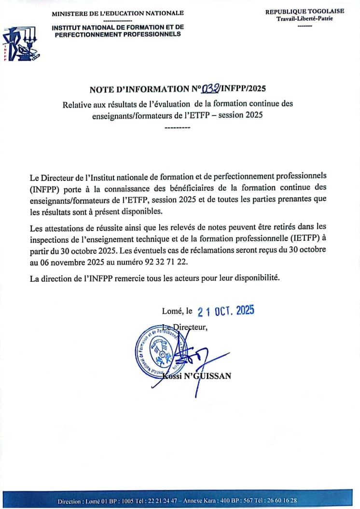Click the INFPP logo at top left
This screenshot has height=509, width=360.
tap(21, 45)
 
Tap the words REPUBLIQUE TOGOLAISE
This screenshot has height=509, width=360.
tap(305, 11)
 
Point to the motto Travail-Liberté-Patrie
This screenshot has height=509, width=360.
tap(305, 18)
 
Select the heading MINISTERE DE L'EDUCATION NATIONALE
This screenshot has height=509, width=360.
tap(118, 13)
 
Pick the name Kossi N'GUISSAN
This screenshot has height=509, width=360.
tap(198, 375)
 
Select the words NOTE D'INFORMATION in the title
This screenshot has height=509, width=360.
tap(140, 89)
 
